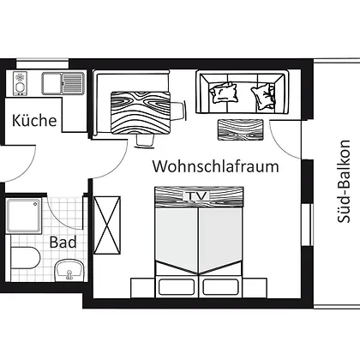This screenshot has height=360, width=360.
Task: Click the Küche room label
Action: pyautogui.click(x=34, y=120)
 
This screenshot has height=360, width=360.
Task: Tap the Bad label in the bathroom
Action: pyautogui.click(x=63, y=243)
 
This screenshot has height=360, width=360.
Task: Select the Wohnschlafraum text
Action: pyautogui.click(x=216, y=166)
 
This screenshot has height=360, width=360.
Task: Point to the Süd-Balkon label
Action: pyautogui.click(x=343, y=181)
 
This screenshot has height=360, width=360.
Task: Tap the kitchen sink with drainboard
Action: pyautogui.click(x=63, y=83)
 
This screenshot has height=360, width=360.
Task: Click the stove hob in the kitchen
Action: pyautogui.click(x=20, y=83)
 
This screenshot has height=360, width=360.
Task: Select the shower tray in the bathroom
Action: pyautogui.click(x=24, y=216)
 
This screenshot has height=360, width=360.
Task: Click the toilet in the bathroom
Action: pyautogui.click(x=25, y=258)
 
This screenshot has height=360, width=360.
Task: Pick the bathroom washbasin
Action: pyautogui.click(x=69, y=270)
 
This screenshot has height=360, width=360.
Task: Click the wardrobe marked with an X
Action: pyautogui.click(x=107, y=225)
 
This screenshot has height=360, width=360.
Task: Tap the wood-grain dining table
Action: pyautogui.click(x=141, y=112)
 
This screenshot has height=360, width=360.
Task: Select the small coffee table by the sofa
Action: pyautogui.click(x=240, y=130)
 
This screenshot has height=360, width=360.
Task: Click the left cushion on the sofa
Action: pyautogui.click(x=224, y=92)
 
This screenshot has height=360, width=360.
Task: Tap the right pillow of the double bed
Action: pyautogui.click(x=220, y=287)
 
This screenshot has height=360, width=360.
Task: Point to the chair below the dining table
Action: pyautogui.click(x=146, y=141)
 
